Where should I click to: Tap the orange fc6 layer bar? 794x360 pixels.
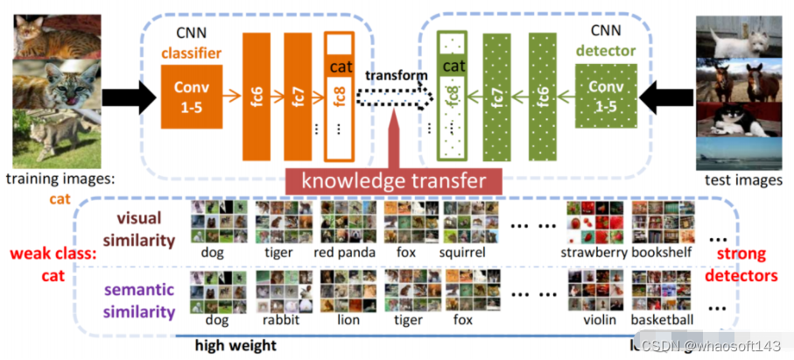pos(255,97)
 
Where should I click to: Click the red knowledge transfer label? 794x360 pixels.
pos(392,181)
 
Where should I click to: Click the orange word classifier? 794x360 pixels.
pos(191,53)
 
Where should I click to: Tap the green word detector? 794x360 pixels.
pos(606,51)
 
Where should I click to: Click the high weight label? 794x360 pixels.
pos(235,345)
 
